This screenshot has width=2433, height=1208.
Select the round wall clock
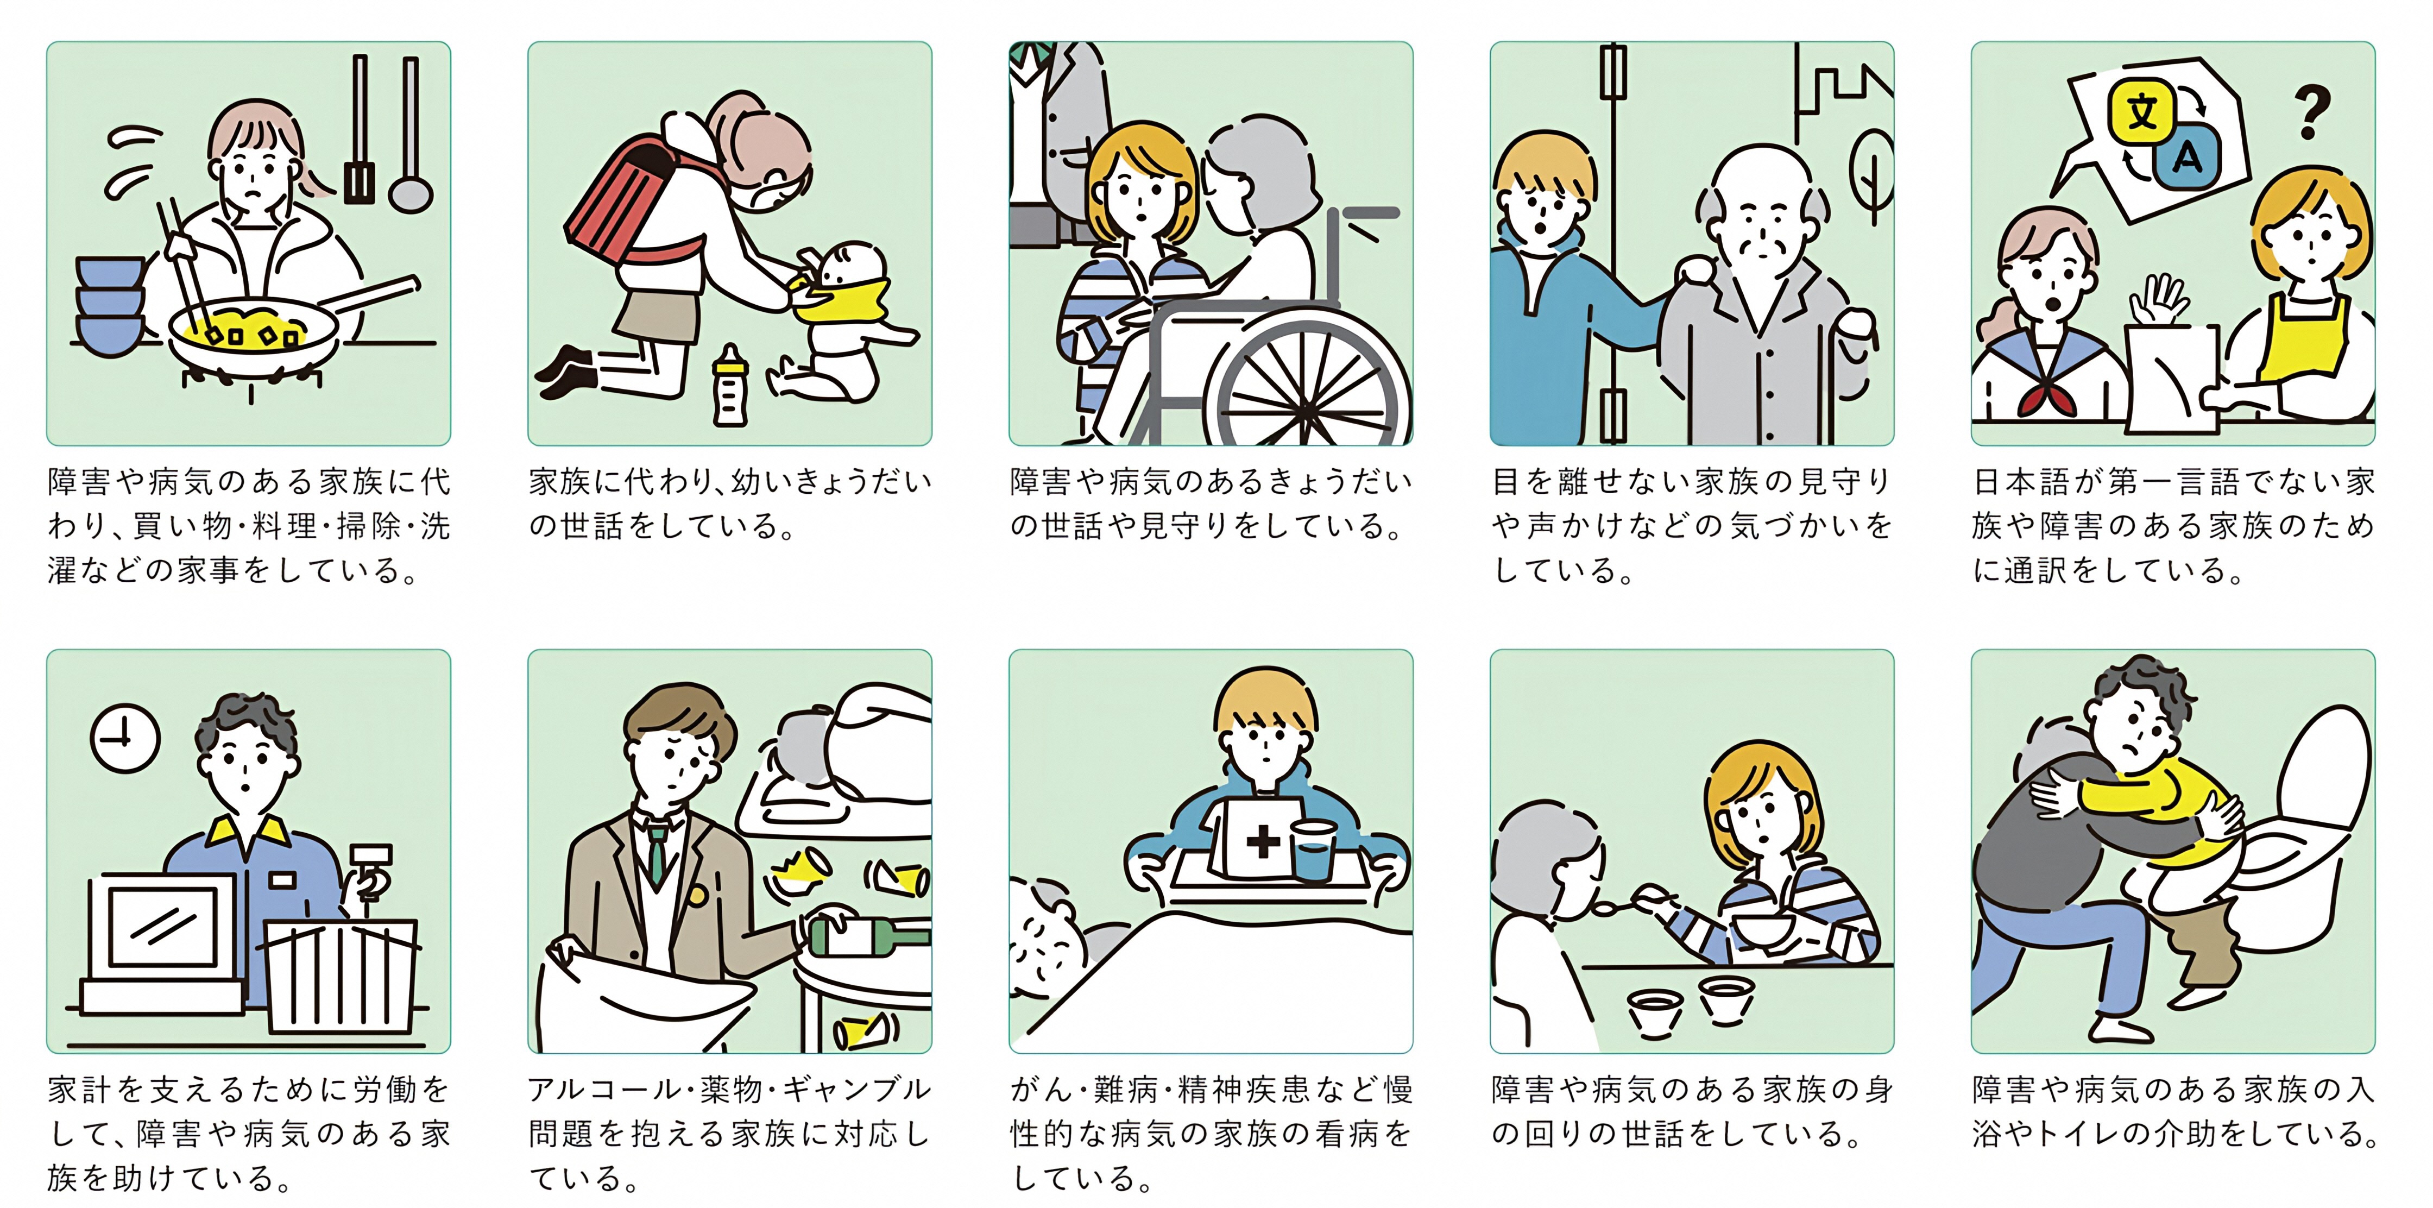(x=125, y=739)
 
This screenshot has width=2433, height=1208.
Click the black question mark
(x=2310, y=111)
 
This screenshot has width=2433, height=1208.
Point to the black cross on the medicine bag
(x=1263, y=841)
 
